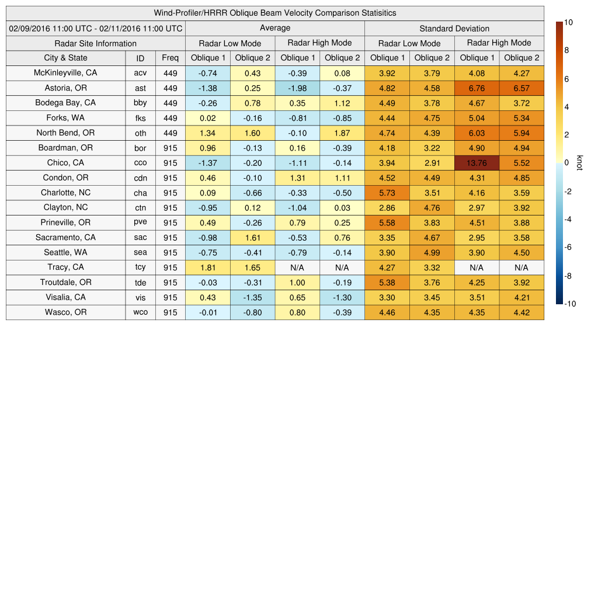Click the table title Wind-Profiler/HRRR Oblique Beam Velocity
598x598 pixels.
point(274,13)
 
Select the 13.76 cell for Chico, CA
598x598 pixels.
point(477,163)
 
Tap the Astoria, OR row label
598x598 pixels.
point(65,88)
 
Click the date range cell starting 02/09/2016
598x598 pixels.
point(96,28)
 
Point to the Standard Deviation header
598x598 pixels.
point(454,28)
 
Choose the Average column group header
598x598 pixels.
point(274,28)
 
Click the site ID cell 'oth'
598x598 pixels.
point(140,133)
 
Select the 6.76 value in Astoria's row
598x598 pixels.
point(477,88)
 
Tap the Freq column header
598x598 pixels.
point(170,58)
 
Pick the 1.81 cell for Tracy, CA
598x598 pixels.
point(207,267)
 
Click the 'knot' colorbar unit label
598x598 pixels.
point(579,162)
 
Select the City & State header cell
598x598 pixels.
point(65,58)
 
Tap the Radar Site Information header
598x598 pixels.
point(95,43)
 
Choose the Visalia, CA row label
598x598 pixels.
point(65,297)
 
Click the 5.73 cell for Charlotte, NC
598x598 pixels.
point(387,193)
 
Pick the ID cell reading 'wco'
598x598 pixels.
point(140,312)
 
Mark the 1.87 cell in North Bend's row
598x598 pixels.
point(342,133)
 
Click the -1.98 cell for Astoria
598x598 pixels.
point(297,88)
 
